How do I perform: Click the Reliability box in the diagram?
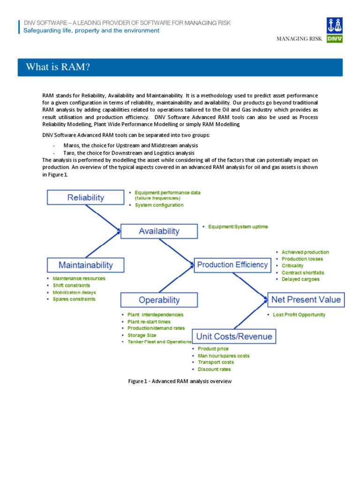click(x=86, y=197)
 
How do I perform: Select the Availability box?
click(x=159, y=231)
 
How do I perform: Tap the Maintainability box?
click(x=86, y=265)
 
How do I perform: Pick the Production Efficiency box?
click(x=232, y=265)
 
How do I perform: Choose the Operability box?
click(x=159, y=300)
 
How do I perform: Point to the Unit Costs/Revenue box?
click(x=234, y=336)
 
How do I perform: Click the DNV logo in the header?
click(x=335, y=30)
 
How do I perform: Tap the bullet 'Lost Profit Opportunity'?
click(x=299, y=315)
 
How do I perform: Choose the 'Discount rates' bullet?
click(x=214, y=369)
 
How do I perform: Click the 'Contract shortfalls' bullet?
click(x=302, y=272)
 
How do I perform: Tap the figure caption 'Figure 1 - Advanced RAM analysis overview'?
click(x=180, y=382)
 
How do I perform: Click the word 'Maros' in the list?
click(x=71, y=146)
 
